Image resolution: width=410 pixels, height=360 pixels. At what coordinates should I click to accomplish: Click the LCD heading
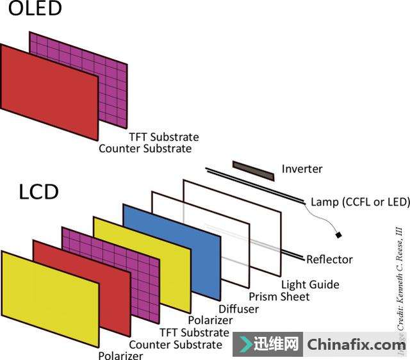[38, 192]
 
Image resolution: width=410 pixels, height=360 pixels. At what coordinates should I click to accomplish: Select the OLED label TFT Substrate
[163, 137]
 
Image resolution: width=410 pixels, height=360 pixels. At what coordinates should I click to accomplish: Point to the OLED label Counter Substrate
[145, 149]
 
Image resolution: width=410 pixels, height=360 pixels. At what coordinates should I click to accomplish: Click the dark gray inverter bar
[253, 170]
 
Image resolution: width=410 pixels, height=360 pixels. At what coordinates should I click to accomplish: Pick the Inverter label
[302, 169]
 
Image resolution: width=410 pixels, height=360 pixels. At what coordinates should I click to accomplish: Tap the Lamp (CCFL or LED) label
[359, 202]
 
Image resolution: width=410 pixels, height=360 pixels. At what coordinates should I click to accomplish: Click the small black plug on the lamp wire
[339, 235]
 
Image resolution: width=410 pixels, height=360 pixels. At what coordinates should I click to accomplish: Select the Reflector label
[329, 259]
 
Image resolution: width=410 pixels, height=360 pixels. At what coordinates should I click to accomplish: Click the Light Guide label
[310, 284]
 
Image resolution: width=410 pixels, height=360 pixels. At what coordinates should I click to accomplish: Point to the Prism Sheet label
[279, 297]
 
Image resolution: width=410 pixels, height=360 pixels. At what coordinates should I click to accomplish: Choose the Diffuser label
[239, 309]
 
